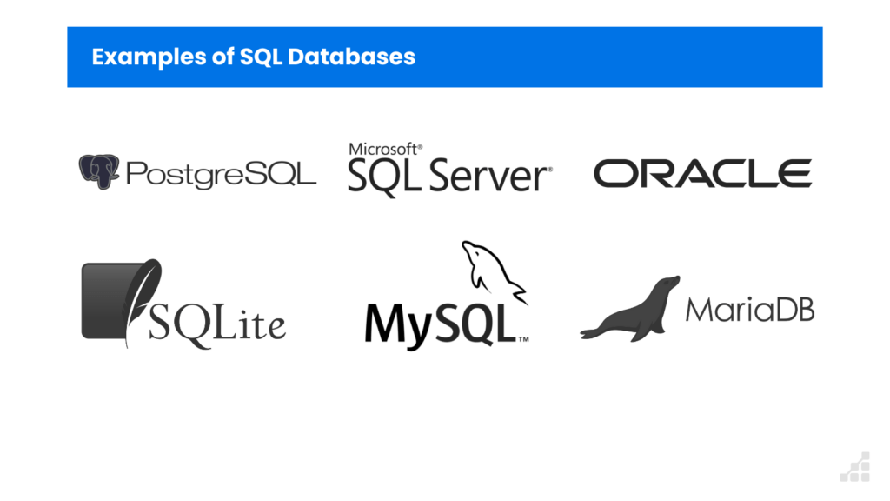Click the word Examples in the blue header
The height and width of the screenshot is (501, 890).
(x=139, y=57)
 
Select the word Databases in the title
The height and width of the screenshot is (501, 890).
(x=351, y=57)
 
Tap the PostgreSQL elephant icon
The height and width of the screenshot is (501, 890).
(x=98, y=171)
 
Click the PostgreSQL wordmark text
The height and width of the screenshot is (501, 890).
(x=221, y=174)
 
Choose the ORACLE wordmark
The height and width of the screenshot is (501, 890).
(x=702, y=173)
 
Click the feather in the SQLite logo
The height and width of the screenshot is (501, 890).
(x=141, y=296)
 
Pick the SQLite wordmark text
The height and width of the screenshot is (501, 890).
(x=217, y=324)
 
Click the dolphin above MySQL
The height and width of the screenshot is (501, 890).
(x=493, y=271)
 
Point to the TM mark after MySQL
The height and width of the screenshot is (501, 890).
(x=524, y=340)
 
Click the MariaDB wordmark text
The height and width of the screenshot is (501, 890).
(x=749, y=309)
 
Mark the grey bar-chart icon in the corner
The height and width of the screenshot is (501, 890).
(x=855, y=467)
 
